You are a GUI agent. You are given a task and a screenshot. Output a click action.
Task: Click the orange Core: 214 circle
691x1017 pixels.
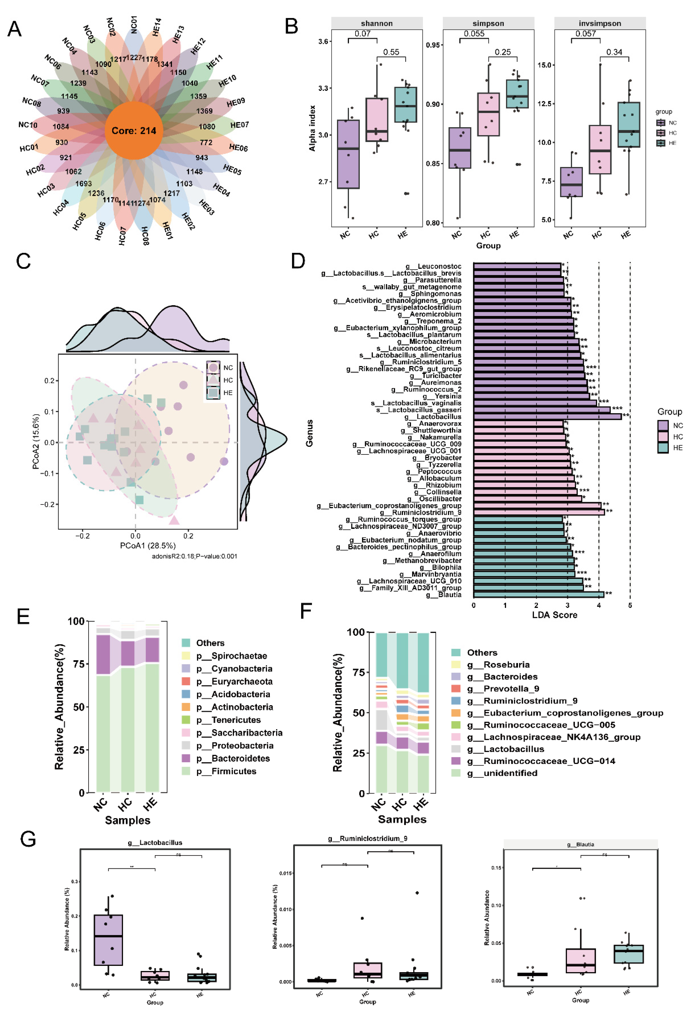(134, 130)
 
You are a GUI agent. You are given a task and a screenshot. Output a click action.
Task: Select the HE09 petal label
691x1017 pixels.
(236, 102)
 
